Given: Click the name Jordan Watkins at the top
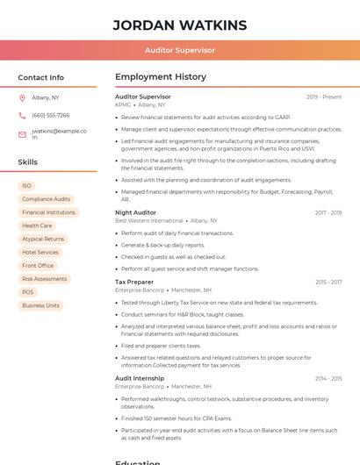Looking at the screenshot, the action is coord(180,25).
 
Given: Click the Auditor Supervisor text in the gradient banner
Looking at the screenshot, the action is coord(180,50).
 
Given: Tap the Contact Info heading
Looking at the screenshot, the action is coord(41,77).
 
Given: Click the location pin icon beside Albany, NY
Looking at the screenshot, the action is coord(22,97).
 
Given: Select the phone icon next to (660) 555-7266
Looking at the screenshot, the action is coord(22,115).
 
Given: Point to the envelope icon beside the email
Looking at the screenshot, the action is coord(22,134).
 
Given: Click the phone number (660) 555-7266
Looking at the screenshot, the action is coord(50,115).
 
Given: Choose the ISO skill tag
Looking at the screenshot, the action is coord(26,186).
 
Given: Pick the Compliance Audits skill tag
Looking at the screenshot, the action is coord(46,199).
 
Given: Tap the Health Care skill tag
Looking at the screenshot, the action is coord(37,225).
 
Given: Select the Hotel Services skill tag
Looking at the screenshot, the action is coord(40,252).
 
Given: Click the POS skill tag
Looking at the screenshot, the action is coord(28,292).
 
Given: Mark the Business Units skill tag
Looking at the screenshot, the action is coord(40,305).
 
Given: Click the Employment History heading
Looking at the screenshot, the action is coord(161,77).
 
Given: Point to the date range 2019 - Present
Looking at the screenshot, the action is coord(324,97).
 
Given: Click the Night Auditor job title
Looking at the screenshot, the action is coord(135,212).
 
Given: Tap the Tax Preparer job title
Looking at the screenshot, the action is coord(134,282).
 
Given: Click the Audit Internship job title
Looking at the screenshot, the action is coord(140,378).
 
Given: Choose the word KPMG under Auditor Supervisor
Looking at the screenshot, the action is coord(123,104).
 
